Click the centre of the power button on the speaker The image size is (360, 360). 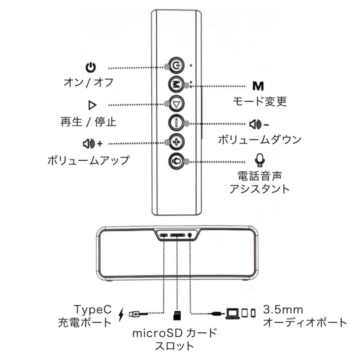176,66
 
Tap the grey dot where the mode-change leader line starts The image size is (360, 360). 187,86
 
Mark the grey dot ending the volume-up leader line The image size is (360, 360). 167,142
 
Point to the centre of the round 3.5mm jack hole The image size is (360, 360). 190,235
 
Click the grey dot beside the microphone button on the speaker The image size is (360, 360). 187,162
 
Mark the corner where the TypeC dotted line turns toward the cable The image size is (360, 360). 164,313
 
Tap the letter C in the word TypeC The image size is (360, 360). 107,309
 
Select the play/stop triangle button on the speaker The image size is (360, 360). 176,104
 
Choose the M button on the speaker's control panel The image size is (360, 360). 176,85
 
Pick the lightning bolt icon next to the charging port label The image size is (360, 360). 121,314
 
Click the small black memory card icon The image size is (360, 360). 177,315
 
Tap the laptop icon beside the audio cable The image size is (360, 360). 232,313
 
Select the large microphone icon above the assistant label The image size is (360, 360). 260,160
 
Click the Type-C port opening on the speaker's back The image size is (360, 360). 164,235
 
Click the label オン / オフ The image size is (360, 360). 89,82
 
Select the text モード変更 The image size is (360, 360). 260,101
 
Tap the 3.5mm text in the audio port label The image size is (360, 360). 283,310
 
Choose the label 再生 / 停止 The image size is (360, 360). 88,122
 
